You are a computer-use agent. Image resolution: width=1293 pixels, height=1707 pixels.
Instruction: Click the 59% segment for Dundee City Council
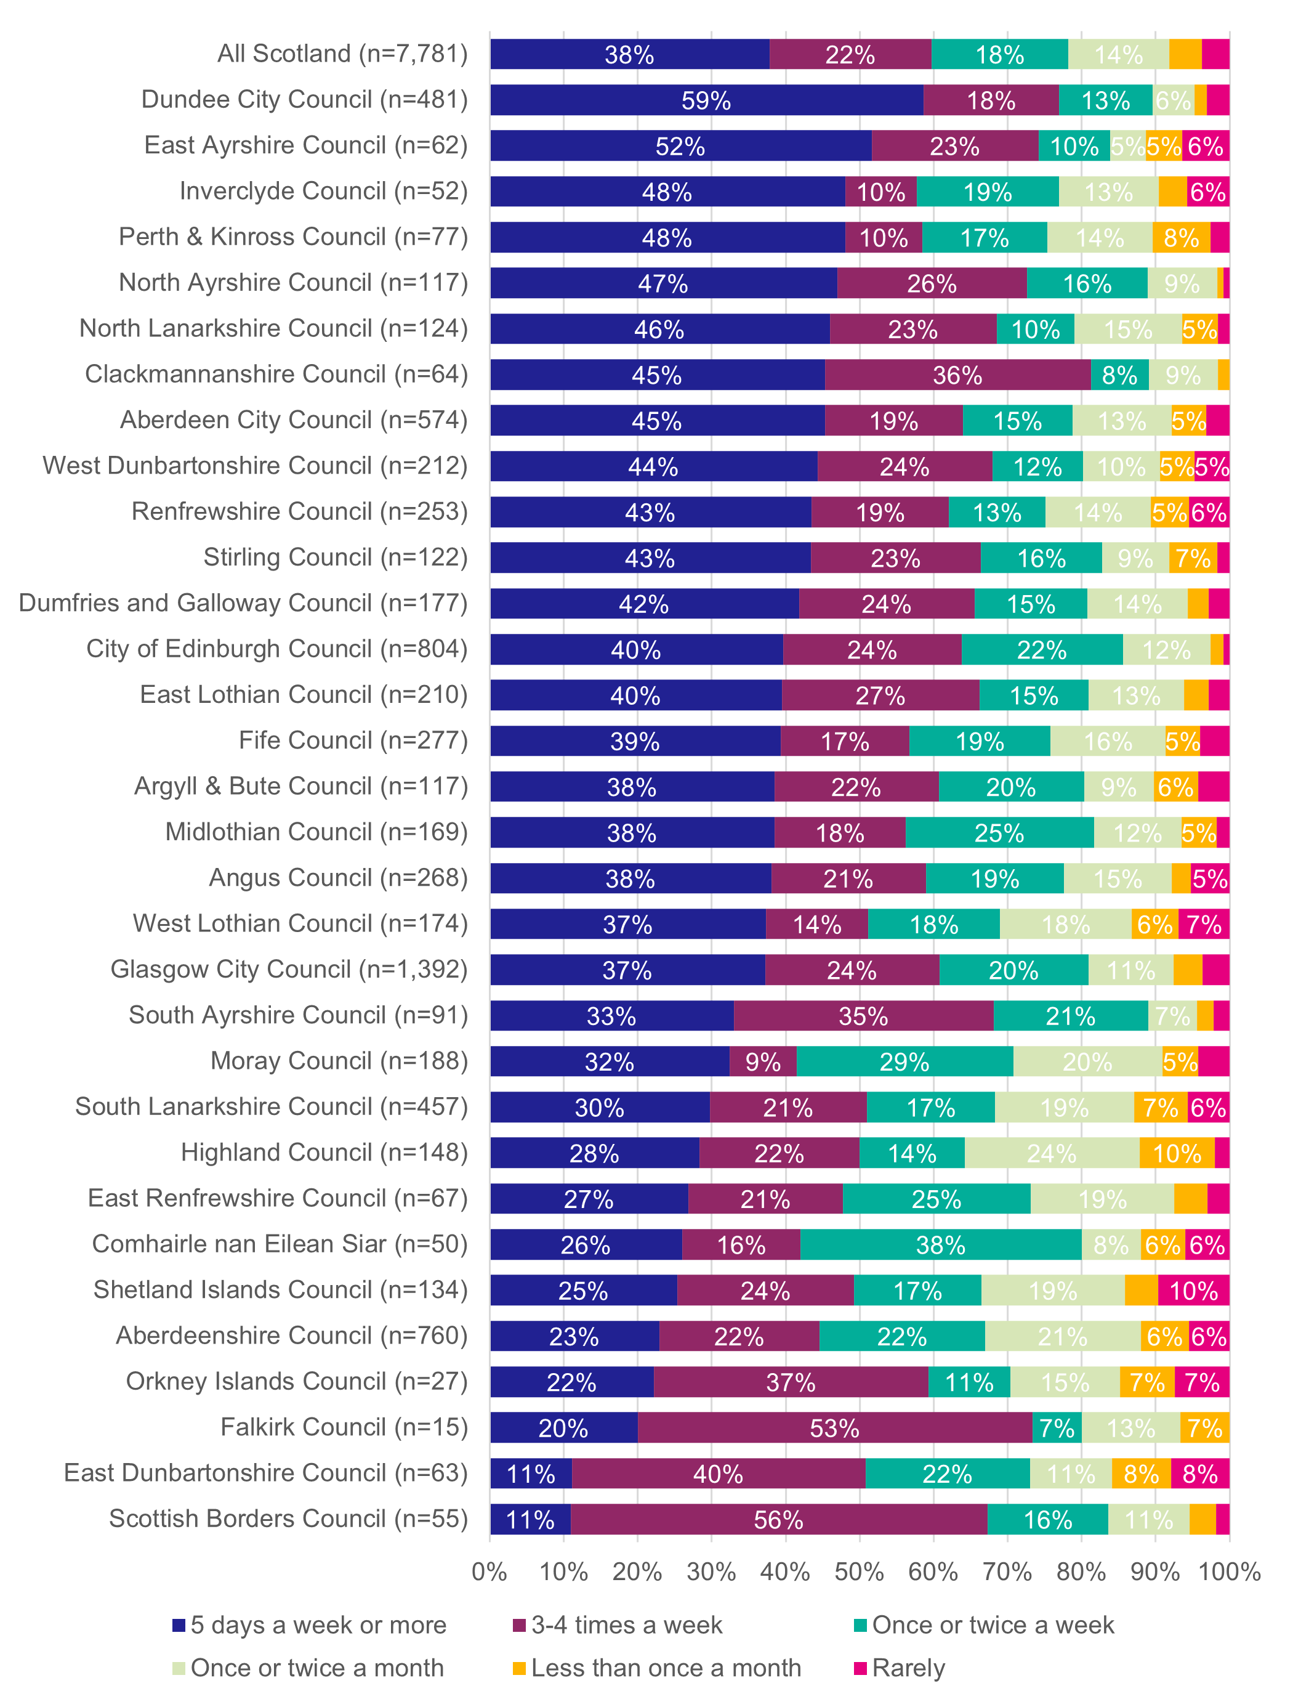(706, 100)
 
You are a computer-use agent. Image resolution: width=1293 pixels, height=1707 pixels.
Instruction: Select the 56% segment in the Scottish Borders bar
(778, 1520)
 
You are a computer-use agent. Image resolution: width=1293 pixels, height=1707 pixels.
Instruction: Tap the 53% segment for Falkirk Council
(835, 1428)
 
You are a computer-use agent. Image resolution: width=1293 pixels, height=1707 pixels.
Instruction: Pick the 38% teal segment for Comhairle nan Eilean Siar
(940, 1245)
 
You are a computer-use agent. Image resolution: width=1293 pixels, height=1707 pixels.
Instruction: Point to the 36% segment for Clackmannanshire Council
(957, 375)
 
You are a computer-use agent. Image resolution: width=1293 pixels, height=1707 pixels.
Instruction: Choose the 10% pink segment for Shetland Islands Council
(1193, 1291)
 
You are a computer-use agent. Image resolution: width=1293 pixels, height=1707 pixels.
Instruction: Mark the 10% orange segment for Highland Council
(1177, 1153)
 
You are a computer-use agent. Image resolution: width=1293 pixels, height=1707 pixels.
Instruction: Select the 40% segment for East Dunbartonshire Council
(719, 1474)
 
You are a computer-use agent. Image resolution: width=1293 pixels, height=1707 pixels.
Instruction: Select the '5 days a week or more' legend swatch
(179, 1624)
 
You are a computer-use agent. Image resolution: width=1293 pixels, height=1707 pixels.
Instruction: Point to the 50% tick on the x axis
(860, 1571)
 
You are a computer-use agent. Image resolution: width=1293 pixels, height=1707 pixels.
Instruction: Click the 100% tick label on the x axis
(1229, 1571)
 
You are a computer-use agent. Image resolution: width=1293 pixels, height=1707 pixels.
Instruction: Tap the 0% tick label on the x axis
(489, 1571)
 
